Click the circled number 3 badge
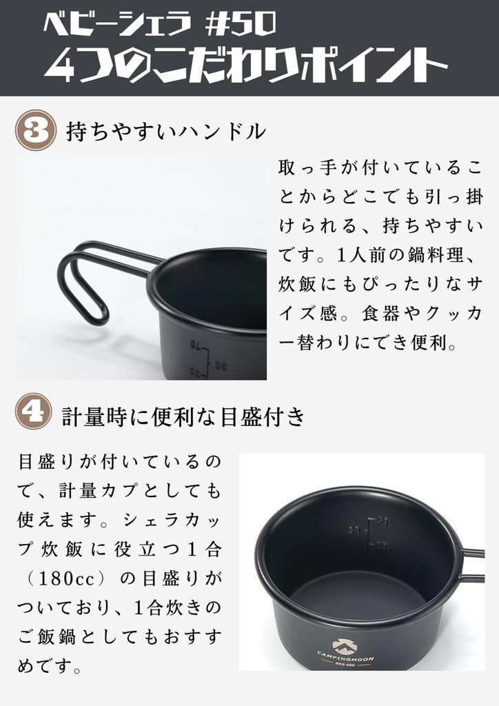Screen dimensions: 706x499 [34, 130]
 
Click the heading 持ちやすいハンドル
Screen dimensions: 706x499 [165, 131]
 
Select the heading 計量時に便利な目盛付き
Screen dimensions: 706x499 [183, 416]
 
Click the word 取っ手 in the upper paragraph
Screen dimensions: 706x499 [308, 167]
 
